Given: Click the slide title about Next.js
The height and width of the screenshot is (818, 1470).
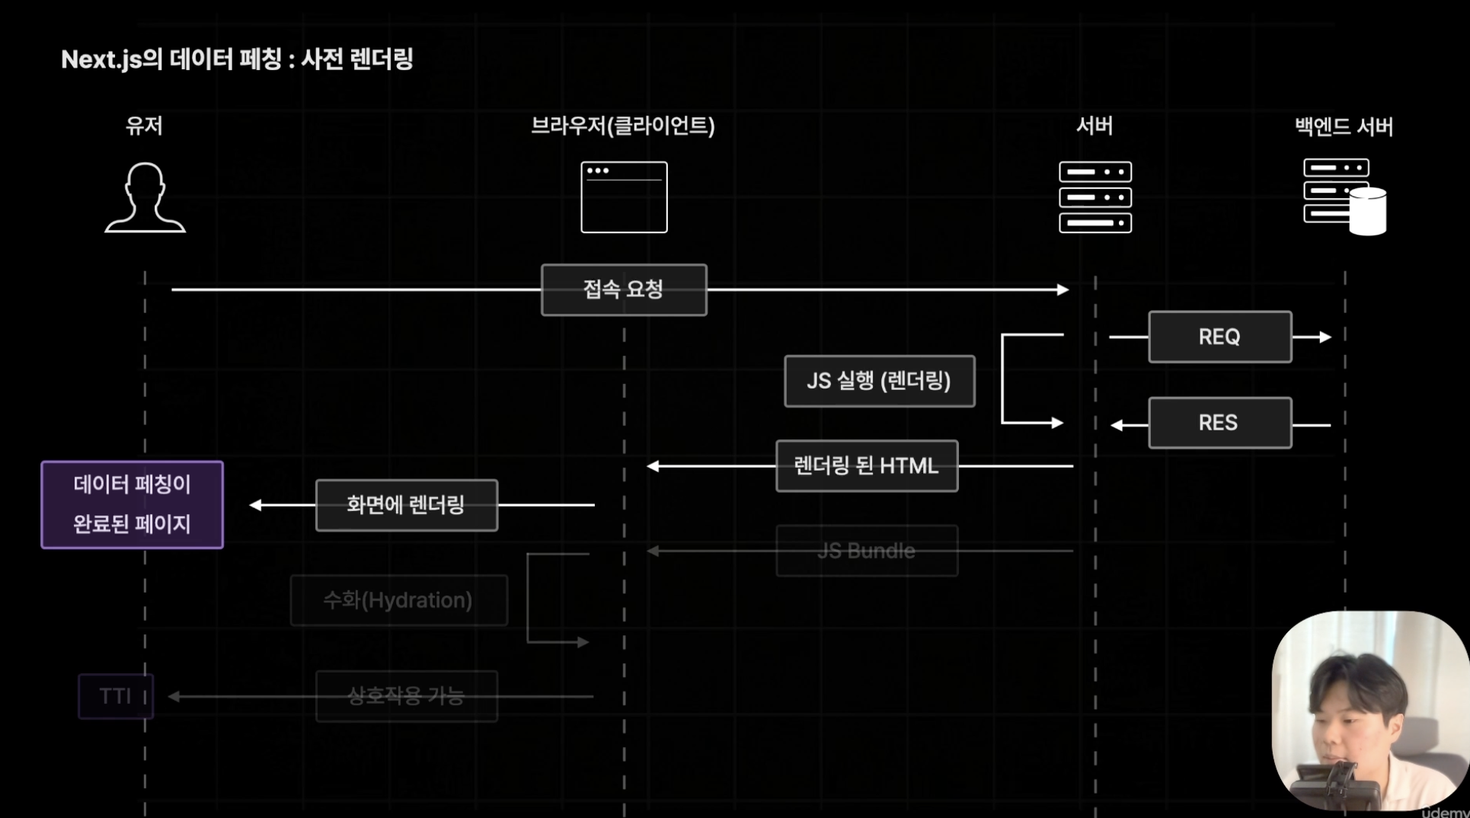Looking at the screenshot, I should coord(237,59).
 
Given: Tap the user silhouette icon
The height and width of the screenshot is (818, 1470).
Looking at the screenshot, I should coord(145,197).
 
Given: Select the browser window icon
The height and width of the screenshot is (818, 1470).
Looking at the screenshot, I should coord(624,197).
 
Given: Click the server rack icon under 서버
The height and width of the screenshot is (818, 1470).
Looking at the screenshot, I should coord(1095,197).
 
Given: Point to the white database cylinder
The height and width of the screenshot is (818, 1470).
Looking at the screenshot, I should coord(1368,211).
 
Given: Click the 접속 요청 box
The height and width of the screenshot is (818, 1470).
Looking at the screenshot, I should coord(624,289).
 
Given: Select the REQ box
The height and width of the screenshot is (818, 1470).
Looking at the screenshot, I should coord(1219,337).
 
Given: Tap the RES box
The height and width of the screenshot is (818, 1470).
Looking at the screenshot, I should coord(1219,423).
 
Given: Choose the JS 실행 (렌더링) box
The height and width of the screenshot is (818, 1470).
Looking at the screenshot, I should coord(879,381).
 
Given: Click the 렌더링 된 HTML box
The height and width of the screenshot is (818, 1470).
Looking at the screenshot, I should coord(866,466).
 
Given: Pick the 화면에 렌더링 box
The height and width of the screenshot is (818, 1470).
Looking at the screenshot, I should coord(406,505).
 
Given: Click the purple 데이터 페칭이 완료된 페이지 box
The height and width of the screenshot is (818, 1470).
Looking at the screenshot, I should coord(132,504).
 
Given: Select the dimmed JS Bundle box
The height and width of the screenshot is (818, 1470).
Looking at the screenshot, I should coord(866,551).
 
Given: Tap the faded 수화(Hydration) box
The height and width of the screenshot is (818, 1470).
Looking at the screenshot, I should coord(398,600).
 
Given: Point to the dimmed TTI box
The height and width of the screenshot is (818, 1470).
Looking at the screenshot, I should coord(115,696).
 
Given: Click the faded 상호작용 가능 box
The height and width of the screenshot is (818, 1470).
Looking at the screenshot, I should coord(406,696).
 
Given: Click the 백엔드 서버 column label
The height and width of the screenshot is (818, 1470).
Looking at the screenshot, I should coord(1344,126).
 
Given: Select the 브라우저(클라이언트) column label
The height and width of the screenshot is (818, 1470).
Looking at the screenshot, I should coord(622,126).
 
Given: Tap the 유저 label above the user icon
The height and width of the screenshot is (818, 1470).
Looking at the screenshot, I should coord(144,126).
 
